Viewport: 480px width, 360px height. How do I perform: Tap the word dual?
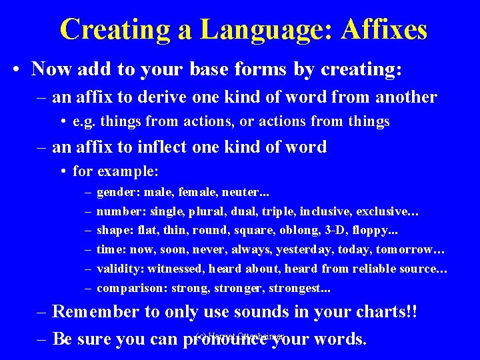pos(245,211)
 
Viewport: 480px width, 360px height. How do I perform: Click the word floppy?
pos(380,231)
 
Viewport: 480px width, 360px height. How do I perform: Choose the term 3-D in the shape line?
pos(340,231)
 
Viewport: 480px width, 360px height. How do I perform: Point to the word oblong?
pos(300,231)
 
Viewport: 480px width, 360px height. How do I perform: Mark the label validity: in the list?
pos(120,269)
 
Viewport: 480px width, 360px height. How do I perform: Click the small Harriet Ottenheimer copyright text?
pos(241,336)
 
